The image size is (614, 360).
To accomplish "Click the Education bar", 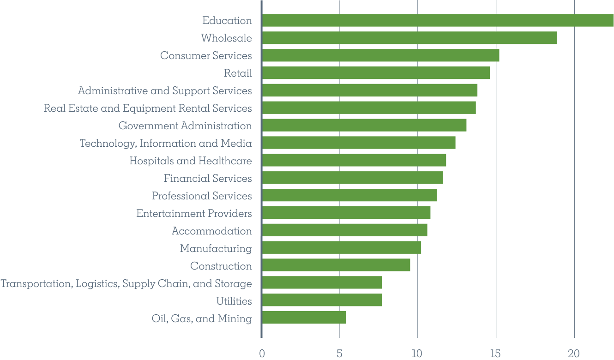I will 438,20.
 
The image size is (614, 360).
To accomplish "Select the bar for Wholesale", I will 409,38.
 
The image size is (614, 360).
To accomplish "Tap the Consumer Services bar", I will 380,55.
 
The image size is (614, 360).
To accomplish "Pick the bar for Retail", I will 376,73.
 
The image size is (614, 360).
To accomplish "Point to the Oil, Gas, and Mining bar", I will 304,318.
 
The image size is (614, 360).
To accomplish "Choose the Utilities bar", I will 322,300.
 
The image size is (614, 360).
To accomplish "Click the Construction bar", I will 336,265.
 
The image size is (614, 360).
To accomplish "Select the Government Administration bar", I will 364,125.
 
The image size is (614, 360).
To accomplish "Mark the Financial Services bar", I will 352,178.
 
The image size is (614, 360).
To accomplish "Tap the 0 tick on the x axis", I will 262,354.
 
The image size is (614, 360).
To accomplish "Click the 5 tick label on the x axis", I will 339,354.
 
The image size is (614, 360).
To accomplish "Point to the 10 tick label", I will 417,354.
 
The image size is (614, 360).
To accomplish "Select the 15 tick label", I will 496,354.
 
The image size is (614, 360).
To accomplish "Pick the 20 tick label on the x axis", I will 574,354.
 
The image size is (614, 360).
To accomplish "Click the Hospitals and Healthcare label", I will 191,161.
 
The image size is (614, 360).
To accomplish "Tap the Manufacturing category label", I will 216,248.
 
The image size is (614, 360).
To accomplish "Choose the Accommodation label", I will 212,231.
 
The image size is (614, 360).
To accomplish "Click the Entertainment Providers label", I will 194,213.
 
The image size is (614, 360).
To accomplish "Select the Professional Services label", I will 202,196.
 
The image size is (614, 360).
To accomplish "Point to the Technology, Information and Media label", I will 166,143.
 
